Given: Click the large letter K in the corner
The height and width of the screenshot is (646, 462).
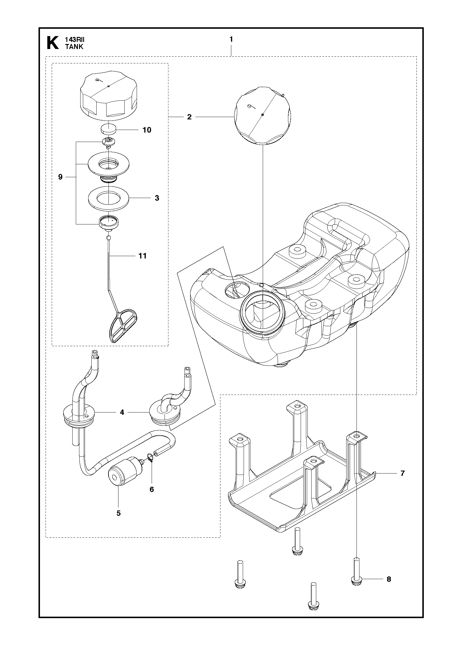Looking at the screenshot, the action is tap(53, 43).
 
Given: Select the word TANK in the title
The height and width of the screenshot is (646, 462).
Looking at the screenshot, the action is tap(74, 47).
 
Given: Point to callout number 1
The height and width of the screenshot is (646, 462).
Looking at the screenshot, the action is tap(231, 39).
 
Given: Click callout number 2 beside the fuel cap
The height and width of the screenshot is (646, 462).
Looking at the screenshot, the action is tap(189, 117).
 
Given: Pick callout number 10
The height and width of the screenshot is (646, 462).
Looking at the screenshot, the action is tap(147, 130).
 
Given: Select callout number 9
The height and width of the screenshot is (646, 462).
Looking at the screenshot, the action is tap(60, 177).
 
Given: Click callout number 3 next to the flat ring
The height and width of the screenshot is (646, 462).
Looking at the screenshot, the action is tap(157, 198).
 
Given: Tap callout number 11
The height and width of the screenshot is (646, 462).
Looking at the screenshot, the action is tap(143, 256).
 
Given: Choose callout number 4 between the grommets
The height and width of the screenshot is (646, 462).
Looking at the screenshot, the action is tap(122, 412).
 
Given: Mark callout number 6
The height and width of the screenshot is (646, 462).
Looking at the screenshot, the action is tap(152, 489).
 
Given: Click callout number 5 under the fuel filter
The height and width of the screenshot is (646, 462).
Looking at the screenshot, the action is tap(119, 513).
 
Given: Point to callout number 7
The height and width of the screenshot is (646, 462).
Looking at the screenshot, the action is tap(403, 473).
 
